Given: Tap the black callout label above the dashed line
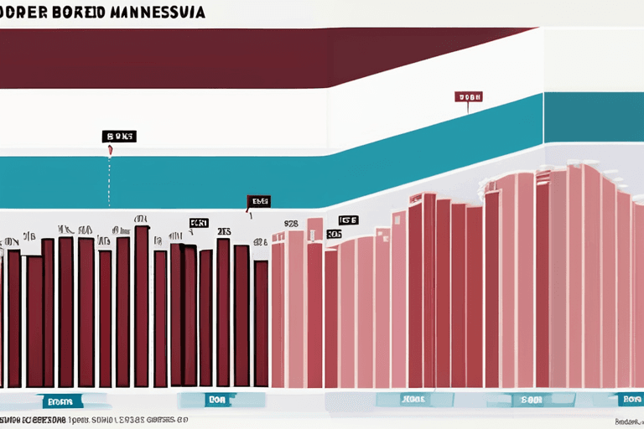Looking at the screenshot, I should tap(119, 136).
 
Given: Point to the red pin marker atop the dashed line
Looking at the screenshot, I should tap(110, 151).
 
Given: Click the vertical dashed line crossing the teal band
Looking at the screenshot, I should tap(109, 180).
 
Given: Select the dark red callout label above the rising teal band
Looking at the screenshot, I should tap(469, 97).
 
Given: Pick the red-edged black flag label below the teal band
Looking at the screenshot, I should tap(259, 201).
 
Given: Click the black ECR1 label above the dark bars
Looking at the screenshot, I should tap(199, 223).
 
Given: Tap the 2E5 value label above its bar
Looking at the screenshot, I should tap(224, 232).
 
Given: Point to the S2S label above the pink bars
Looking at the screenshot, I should tap(291, 224).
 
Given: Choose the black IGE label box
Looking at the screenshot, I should tap(348, 220).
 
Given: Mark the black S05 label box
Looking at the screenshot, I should tap(333, 235).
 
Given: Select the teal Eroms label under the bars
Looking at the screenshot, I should tap(64, 401).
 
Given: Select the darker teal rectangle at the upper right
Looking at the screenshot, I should tap(593, 117).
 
